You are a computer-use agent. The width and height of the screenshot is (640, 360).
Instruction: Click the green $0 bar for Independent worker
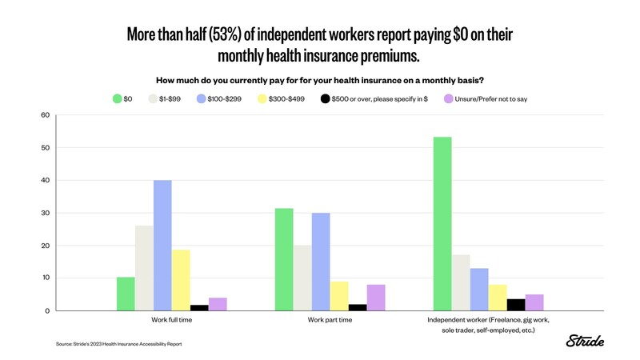442,224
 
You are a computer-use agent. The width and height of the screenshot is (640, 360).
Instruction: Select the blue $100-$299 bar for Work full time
162,246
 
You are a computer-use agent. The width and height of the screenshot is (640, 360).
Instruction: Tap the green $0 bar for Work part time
283,259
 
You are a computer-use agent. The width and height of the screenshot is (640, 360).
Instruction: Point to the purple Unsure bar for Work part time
376,298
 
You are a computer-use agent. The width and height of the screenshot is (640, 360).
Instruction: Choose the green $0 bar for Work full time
126,294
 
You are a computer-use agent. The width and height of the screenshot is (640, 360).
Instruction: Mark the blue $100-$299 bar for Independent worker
478,289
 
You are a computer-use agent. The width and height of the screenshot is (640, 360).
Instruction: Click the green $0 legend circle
117,98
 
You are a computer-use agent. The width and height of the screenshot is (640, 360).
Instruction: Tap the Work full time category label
171,319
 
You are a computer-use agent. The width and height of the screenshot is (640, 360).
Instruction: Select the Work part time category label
330,319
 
